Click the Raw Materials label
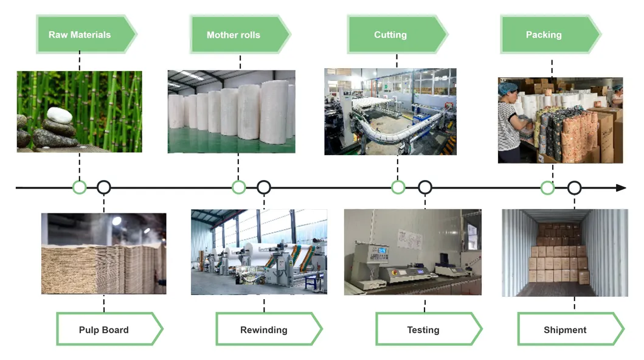(x=80, y=35)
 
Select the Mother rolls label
(x=234, y=35)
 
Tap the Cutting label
(x=390, y=35)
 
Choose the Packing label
(x=544, y=35)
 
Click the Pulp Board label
(x=104, y=330)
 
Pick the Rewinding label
(x=263, y=330)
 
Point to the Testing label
(x=423, y=330)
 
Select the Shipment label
(x=565, y=330)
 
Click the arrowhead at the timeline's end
(x=621, y=187)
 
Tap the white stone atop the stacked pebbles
(x=59, y=114)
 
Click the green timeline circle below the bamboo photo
(x=79, y=187)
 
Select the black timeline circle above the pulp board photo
(x=104, y=187)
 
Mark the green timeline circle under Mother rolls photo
(x=239, y=187)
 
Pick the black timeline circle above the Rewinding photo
(x=263, y=187)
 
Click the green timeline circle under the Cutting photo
(x=398, y=187)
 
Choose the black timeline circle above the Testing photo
(x=424, y=187)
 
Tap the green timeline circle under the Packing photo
(x=547, y=187)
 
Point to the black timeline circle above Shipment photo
(x=574, y=187)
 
